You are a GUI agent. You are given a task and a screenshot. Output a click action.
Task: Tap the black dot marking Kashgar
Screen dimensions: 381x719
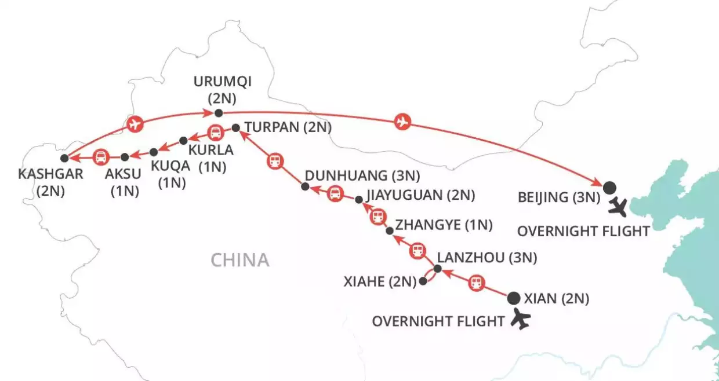coord(64,157)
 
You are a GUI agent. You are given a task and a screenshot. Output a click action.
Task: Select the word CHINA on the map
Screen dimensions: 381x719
coord(240,260)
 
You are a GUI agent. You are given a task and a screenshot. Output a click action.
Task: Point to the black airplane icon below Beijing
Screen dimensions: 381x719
coord(624,206)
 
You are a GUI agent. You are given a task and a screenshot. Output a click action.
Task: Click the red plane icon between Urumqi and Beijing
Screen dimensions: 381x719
coord(402,122)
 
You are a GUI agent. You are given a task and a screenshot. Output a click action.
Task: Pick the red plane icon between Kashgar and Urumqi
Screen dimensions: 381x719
coord(134,123)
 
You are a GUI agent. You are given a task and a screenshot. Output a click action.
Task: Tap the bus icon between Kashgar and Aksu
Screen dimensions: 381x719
coord(101,156)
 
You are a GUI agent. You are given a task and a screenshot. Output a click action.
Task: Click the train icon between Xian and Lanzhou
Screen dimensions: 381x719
coord(476,283)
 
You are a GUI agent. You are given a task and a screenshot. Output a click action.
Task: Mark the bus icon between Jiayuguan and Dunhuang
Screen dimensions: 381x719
coord(335,194)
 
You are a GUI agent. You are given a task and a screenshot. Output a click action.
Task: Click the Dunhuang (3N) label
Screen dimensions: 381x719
coord(362,175)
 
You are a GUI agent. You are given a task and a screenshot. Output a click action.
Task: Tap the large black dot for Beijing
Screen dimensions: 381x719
coord(609,187)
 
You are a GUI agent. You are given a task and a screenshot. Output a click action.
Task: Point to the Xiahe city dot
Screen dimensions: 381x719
coord(423,281)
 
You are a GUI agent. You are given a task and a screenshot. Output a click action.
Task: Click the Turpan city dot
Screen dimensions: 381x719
coord(235,127)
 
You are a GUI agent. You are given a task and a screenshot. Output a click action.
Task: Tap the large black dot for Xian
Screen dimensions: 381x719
coord(513,299)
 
